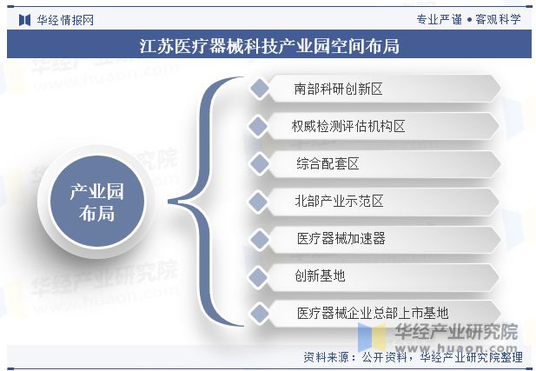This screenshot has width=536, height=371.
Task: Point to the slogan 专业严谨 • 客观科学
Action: (x=468, y=18)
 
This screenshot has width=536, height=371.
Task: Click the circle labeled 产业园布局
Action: (x=97, y=202)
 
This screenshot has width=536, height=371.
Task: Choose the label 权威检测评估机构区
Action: (x=349, y=126)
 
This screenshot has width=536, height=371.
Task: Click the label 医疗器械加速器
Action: (x=341, y=238)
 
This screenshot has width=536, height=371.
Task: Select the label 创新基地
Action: (x=320, y=275)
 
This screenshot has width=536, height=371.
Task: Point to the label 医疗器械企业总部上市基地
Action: (x=373, y=313)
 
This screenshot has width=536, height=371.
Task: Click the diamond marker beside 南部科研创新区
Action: (x=257, y=89)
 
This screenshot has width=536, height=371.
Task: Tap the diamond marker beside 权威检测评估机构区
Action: (x=257, y=126)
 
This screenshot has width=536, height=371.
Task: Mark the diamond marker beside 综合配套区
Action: (x=257, y=163)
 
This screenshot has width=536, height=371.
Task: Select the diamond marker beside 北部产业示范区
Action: (x=257, y=201)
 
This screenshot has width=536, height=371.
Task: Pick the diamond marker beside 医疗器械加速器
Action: (x=257, y=238)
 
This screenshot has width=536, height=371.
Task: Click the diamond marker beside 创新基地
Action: (x=257, y=275)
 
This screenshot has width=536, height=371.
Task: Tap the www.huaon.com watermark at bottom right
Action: (x=456, y=343)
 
